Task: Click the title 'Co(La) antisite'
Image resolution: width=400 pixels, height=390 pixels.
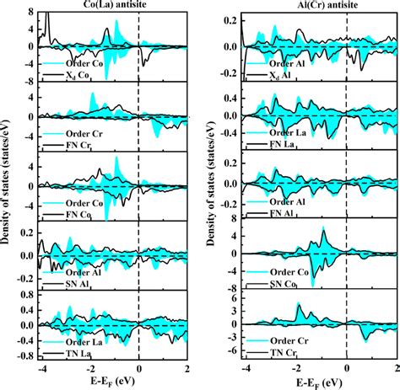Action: pos(113,8)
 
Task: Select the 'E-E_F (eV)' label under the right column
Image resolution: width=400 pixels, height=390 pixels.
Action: pos(321,382)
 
